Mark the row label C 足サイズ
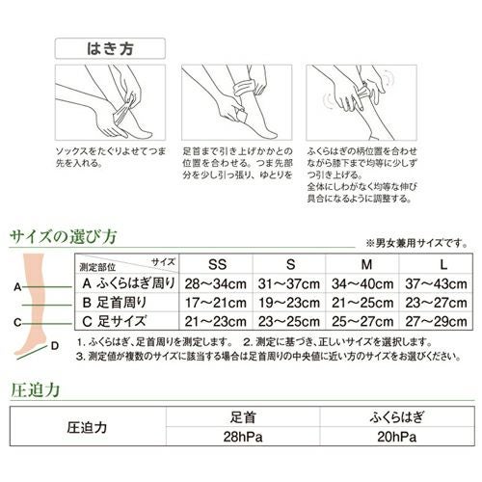click(113, 320)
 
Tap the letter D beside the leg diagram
click(55, 345)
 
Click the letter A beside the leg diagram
click(17, 286)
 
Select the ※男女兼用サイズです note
click(417, 242)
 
